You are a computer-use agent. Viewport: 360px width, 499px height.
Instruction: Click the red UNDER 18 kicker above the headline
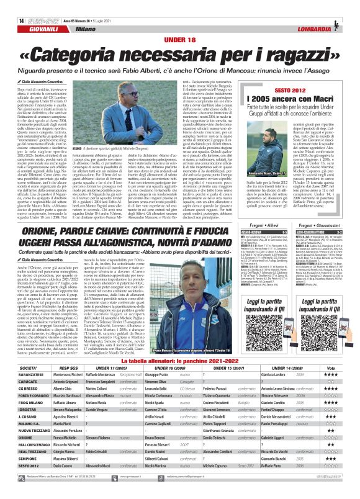(x=179, y=23)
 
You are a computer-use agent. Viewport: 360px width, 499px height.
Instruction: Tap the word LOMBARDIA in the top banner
(x=328, y=12)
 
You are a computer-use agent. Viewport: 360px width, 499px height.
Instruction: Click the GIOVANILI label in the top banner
(x=29, y=12)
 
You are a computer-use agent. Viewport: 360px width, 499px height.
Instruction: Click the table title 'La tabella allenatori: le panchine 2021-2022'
(x=180, y=344)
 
